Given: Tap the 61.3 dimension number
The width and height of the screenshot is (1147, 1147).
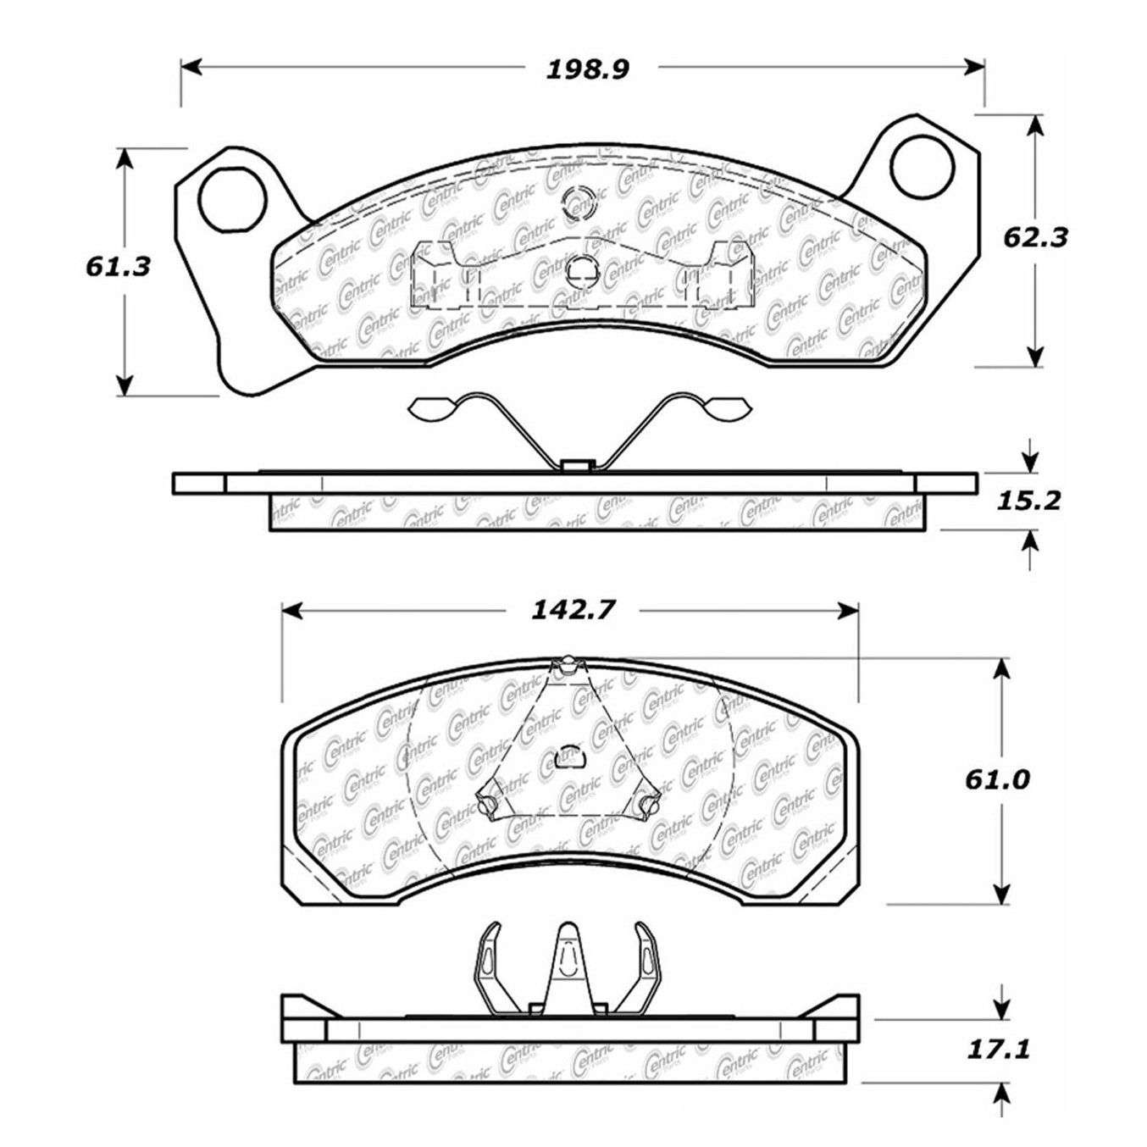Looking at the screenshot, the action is [x=118, y=267].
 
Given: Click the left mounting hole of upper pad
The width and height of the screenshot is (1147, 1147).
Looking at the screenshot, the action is [x=232, y=201].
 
